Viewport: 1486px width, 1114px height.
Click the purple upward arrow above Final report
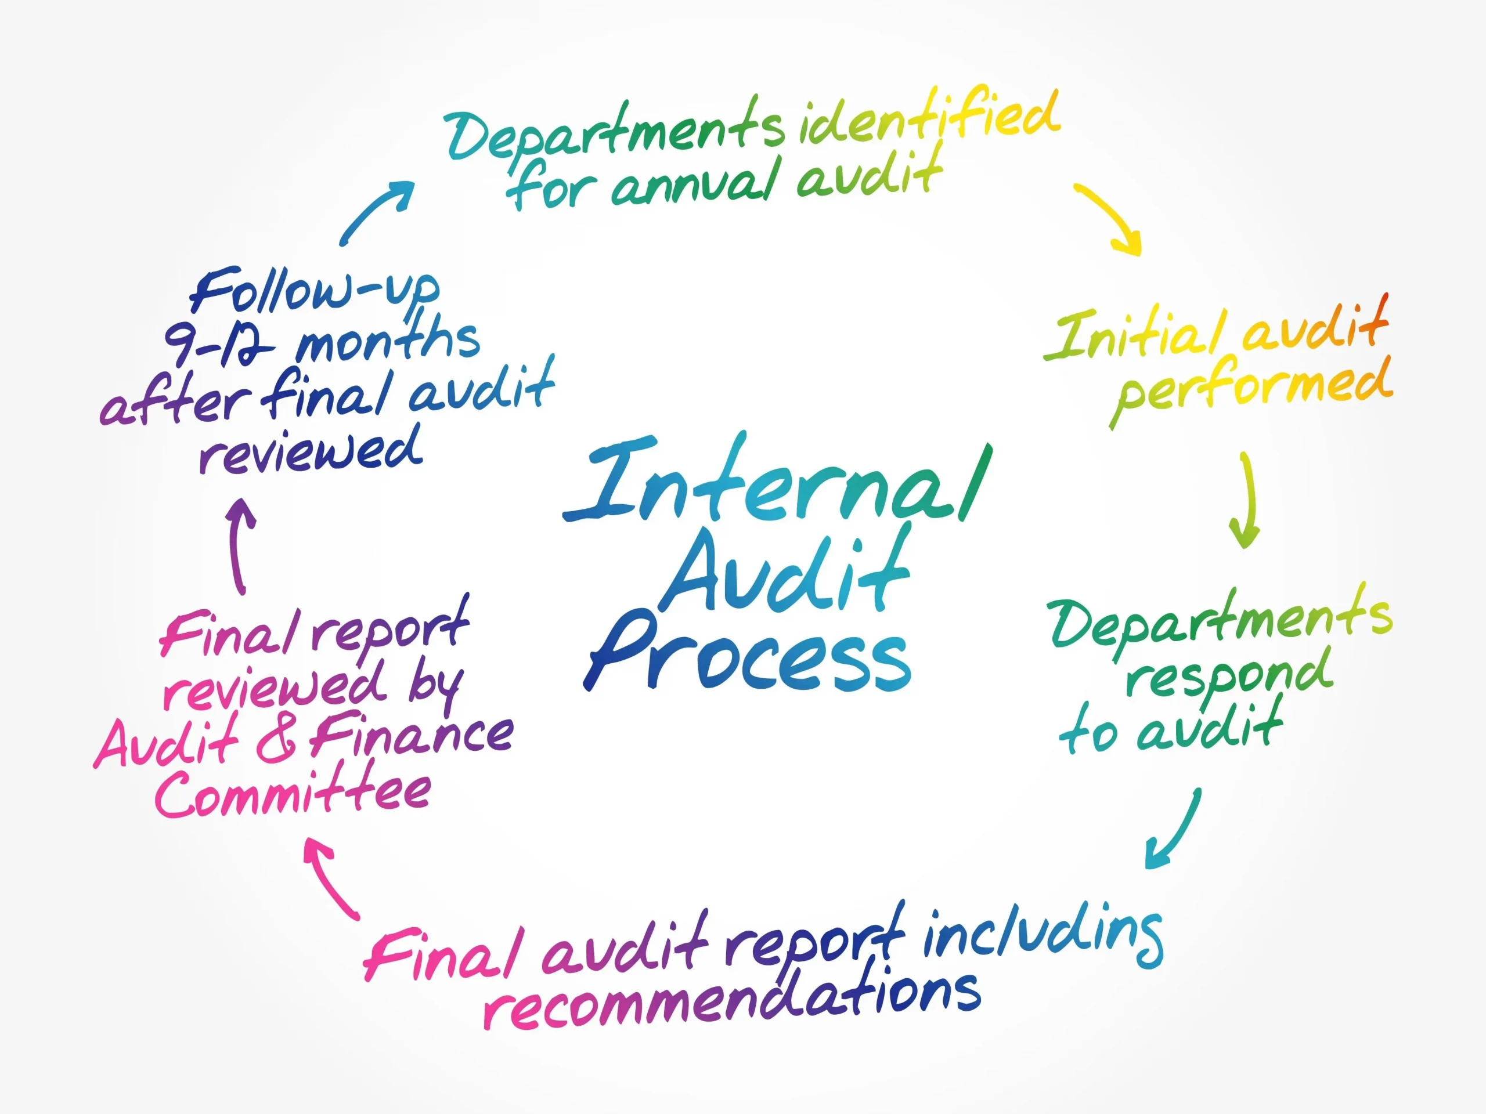point(240,544)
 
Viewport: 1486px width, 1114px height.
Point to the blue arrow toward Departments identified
point(376,212)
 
